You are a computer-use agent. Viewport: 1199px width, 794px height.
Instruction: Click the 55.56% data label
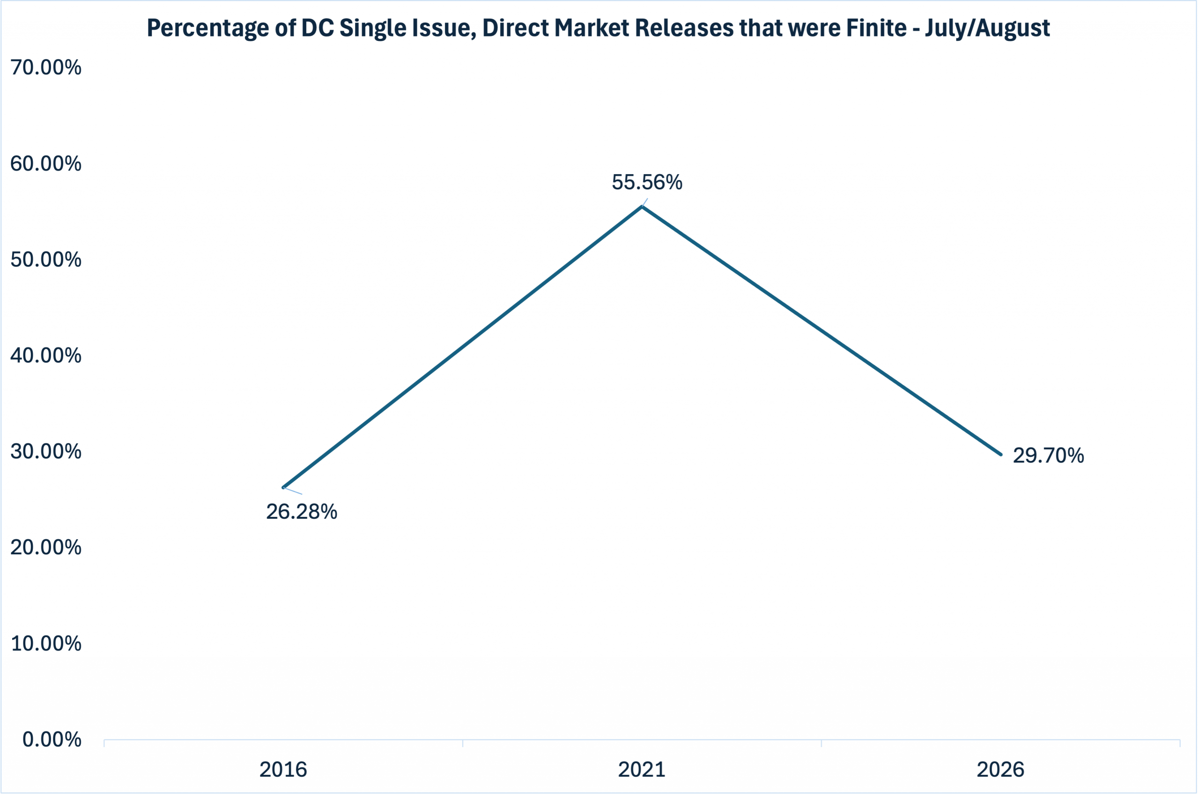647,182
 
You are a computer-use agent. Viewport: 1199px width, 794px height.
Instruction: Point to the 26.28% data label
302,512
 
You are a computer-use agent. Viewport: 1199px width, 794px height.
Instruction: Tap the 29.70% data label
1048,456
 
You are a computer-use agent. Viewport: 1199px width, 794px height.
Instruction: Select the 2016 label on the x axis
283,770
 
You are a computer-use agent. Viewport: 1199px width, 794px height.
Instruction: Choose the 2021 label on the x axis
642,770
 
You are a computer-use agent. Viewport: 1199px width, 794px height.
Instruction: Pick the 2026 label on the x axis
1000,770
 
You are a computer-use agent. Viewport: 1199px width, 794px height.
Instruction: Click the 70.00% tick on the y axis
45,67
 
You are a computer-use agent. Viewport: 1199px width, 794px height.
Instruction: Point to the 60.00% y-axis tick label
45,163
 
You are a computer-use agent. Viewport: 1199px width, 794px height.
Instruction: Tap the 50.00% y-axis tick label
45,260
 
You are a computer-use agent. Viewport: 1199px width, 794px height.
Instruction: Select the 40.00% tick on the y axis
45,355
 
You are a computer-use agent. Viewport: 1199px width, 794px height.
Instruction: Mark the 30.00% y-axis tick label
45,452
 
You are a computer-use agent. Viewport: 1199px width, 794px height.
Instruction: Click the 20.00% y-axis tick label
45,547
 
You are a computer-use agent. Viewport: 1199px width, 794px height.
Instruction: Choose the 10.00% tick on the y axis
45,644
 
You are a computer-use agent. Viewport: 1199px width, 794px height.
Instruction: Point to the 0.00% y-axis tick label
52,740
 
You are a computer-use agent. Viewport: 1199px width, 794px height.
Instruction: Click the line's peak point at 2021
642,206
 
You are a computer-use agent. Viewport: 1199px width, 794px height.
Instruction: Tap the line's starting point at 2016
283,488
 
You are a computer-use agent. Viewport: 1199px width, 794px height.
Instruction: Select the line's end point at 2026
1001,455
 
